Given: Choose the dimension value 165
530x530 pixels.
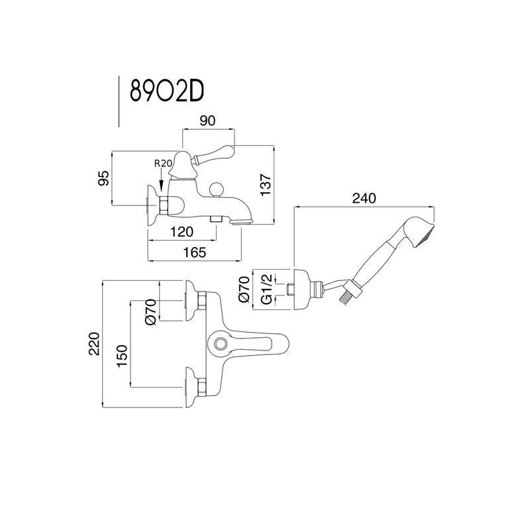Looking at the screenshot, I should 195,252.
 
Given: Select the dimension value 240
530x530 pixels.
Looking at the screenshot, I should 364,198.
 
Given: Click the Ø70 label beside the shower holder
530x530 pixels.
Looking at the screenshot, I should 244,290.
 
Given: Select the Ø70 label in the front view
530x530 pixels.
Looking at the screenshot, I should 150,311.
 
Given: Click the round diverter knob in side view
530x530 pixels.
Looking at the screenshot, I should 215,190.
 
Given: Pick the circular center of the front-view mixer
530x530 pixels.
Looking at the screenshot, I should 220,343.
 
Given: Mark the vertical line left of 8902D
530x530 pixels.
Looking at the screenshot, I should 118,101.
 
